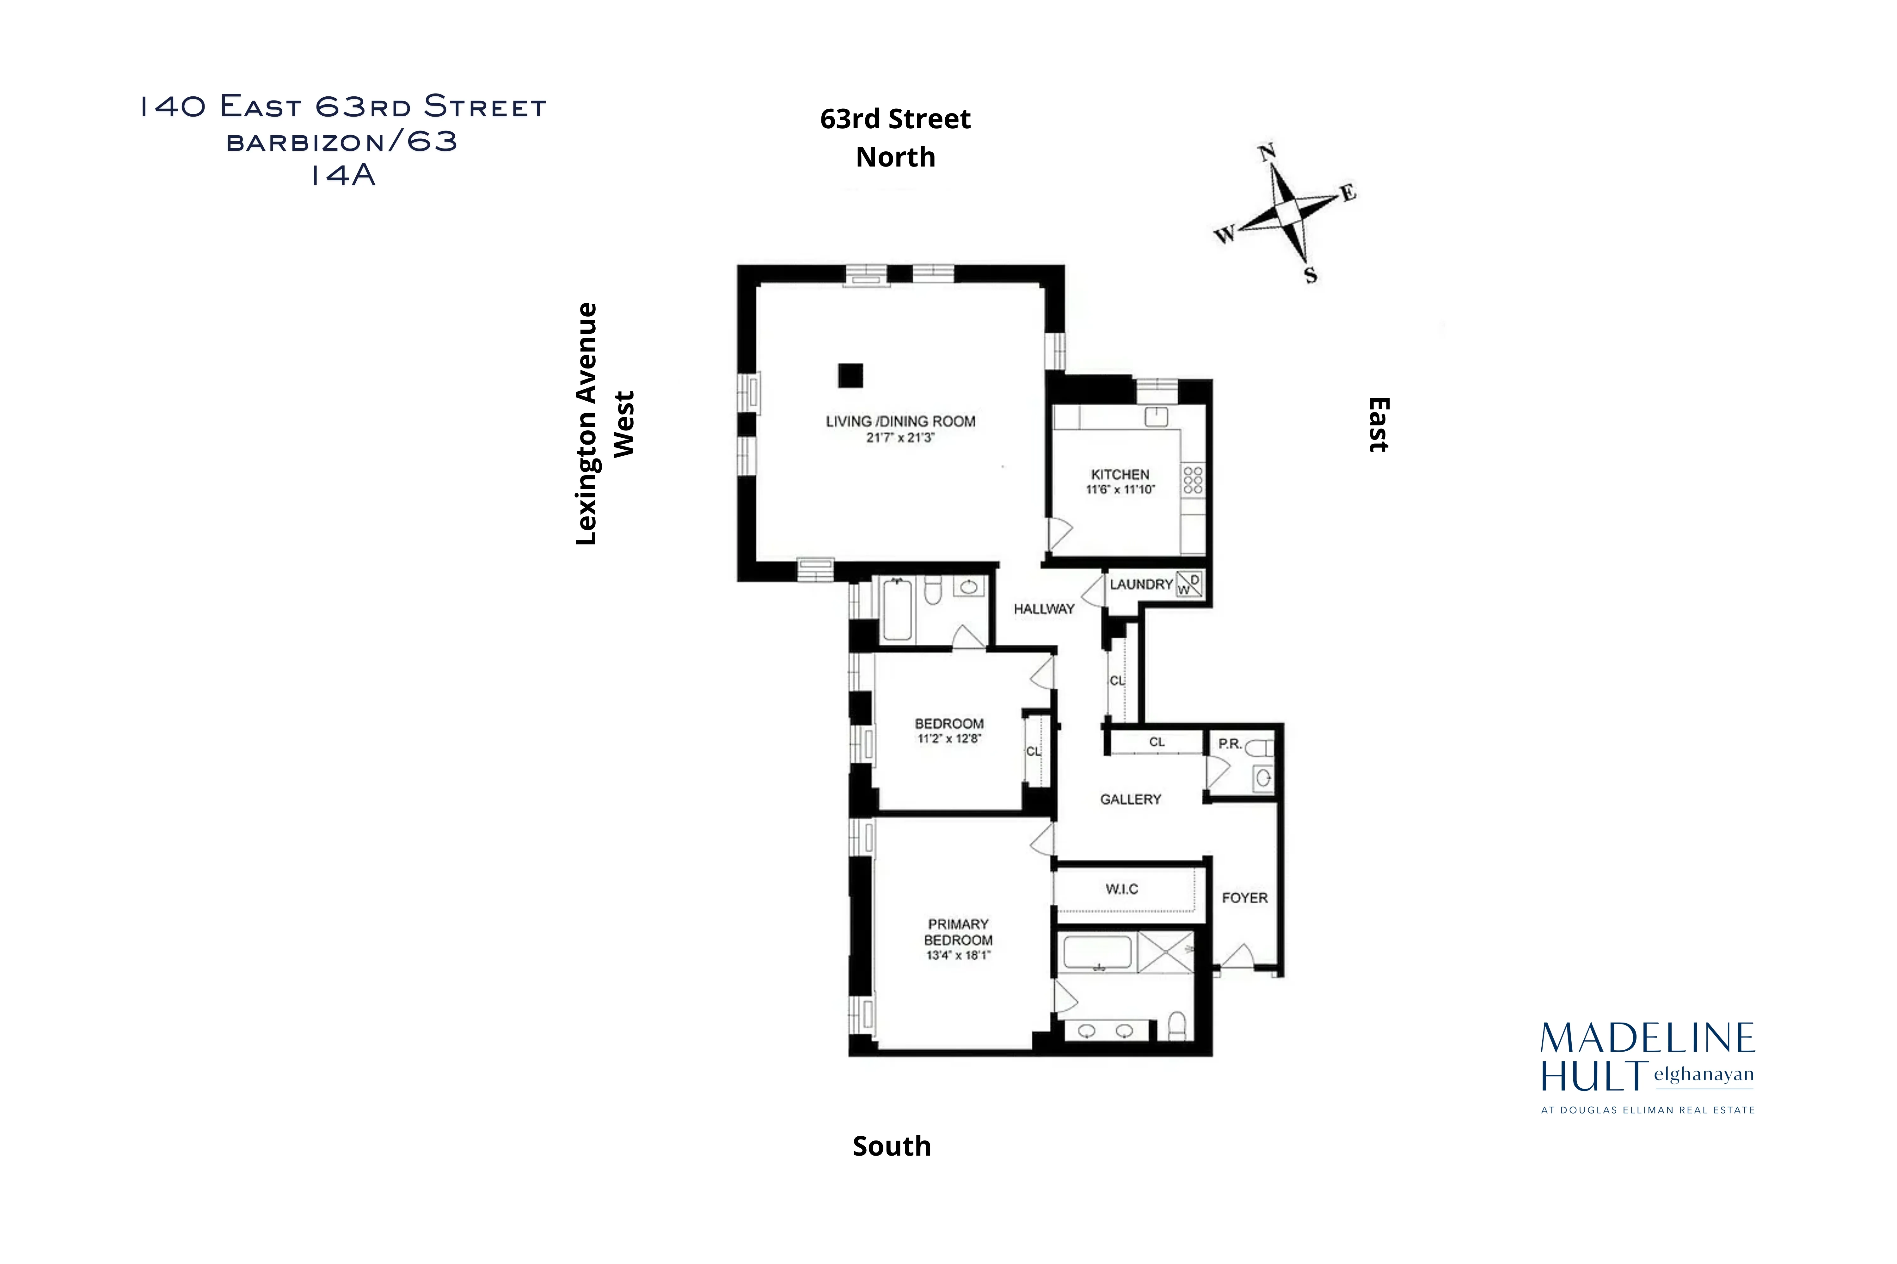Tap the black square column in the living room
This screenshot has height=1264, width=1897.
(x=850, y=376)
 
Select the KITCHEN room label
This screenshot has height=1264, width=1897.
(x=1120, y=475)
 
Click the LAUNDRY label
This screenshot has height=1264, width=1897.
(x=1140, y=584)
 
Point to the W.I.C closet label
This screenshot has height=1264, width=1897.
(x=1121, y=889)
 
